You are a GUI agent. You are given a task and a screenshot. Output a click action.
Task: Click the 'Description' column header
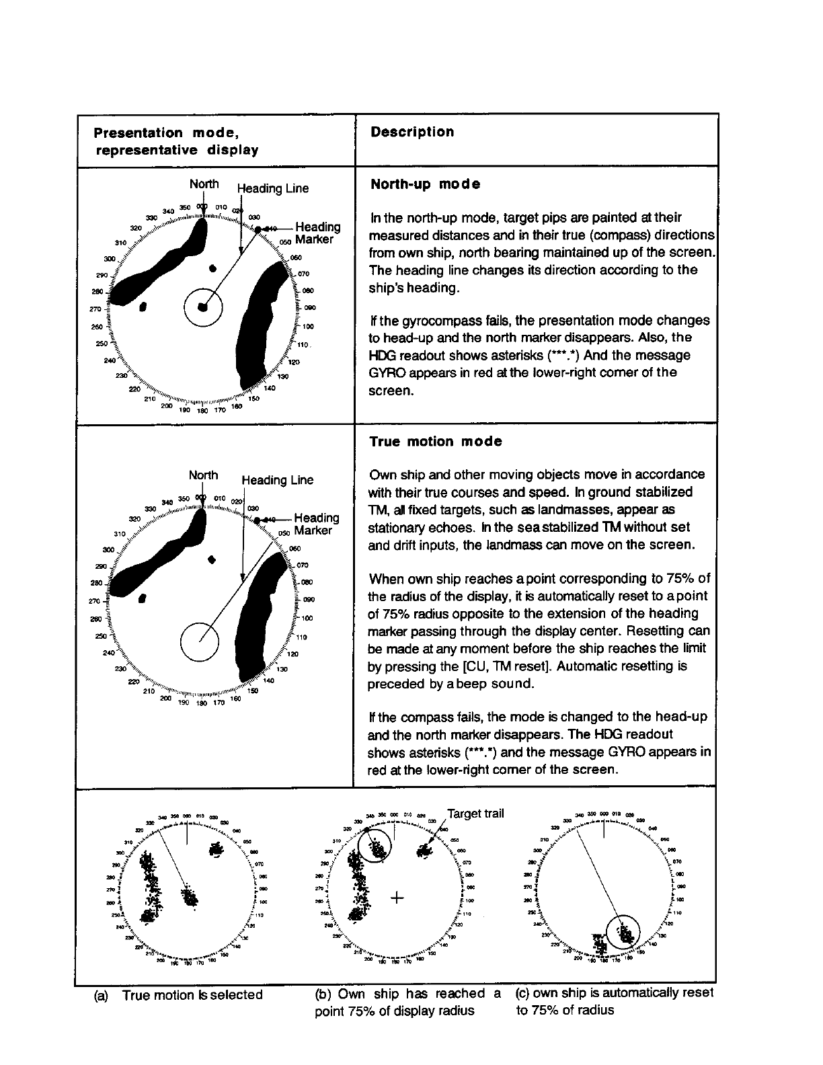(x=412, y=132)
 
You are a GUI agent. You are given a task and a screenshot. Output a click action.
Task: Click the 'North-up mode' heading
(x=425, y=184)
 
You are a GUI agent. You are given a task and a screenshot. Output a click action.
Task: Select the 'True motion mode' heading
(x=436, y=442)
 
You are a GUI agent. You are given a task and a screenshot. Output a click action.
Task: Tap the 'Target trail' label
(x=475, y=814)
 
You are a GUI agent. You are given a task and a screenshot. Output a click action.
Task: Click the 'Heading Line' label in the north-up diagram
(x=273, y=188)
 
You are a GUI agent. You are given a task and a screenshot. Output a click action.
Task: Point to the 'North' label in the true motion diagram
(x=203, y=475)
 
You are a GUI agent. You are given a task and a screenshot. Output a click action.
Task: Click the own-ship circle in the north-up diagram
(x=202, y=307)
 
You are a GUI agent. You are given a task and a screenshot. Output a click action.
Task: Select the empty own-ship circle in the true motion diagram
(x=200, y=640)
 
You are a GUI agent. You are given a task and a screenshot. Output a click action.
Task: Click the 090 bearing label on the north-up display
(x=310, y=309)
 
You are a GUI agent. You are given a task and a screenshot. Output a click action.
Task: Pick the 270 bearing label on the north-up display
(x=95, y=309)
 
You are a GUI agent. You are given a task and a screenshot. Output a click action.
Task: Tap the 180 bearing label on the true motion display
(x=201, y=704)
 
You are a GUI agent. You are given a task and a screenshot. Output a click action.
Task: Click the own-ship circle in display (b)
(x=375, y=844)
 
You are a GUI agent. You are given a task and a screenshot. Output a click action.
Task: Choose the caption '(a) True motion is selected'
(x=179, y=995)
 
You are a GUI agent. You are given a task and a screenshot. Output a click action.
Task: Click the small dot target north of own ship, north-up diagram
(x=213, y=268)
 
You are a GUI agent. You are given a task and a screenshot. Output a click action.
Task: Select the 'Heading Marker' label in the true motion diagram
(x=316, y=524)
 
